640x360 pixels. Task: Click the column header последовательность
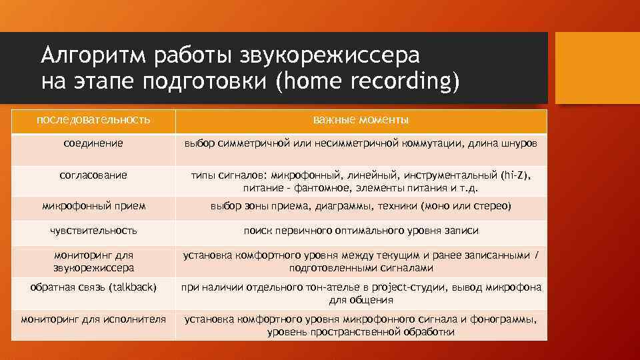(x=93, y=120)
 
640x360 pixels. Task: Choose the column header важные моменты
(x=361, y=120)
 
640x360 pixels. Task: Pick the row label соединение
(x=93, y=143)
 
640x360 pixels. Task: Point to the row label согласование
(x=93, y=175)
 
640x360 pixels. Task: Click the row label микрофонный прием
(x=93, y=206)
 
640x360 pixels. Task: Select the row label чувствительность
(x=93, y=230)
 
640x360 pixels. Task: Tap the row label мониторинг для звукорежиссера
(x=93, y=261)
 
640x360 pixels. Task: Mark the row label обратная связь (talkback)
(x=93, y=287)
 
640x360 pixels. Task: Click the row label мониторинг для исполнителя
(x=93, y=319)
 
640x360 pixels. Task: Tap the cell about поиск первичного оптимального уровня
(x=361, y=230)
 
